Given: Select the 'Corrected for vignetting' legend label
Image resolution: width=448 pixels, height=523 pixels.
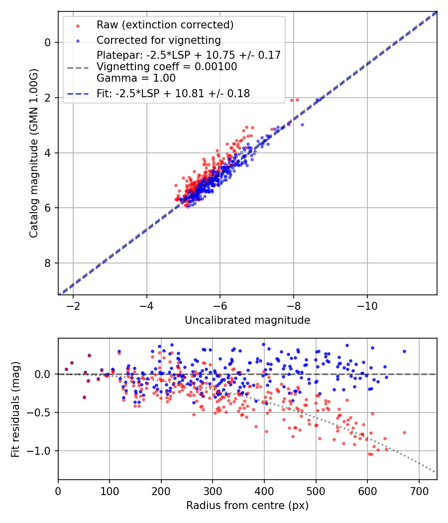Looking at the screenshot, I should pos(159,40).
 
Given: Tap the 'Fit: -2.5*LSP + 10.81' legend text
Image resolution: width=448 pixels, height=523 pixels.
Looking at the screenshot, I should pos(173,93).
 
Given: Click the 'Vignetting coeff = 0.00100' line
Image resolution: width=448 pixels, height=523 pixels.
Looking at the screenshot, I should pos(167,66).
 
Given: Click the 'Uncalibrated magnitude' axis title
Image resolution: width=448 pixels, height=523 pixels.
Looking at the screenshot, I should pos(247,320).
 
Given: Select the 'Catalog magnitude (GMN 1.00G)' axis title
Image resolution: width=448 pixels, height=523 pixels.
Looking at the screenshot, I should pos(33,153).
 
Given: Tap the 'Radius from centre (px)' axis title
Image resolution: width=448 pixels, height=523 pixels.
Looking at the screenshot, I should pos(247,506).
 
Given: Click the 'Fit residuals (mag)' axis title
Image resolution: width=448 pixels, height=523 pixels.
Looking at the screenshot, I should pos(15,409).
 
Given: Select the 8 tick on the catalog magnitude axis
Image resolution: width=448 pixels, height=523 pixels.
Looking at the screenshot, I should pos(48,263).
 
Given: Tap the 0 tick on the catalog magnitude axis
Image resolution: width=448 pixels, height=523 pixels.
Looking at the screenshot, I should pos(48,42).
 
